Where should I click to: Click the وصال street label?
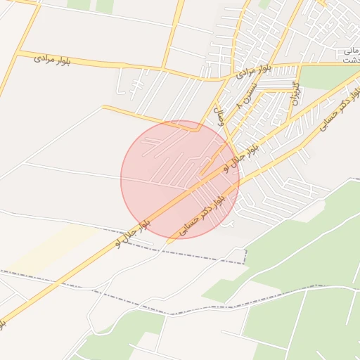tap(219, 115)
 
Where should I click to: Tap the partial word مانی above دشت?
tap(349, 51)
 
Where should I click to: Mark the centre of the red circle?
tap(180, 179)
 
